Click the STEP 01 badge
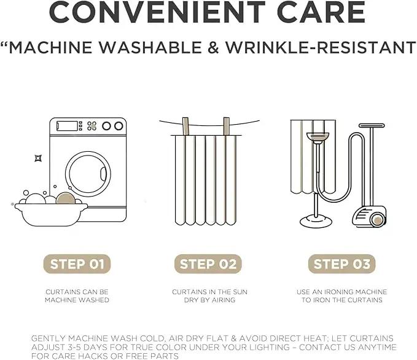point(77,264)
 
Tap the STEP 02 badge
point(208,264)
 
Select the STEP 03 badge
point(341,264)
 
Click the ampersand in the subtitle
point(213,47)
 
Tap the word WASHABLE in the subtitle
point(150,47)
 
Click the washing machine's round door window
point(88,174)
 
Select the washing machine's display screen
point(67,126)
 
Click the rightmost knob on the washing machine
point(119,126)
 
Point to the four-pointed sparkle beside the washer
point(38,158)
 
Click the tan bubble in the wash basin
point(66,198)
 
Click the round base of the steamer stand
point(316,222)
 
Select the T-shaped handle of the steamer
point(372,125)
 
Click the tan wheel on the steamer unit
point(377,221)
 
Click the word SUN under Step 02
point(240,292)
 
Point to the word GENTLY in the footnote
point(48,338)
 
